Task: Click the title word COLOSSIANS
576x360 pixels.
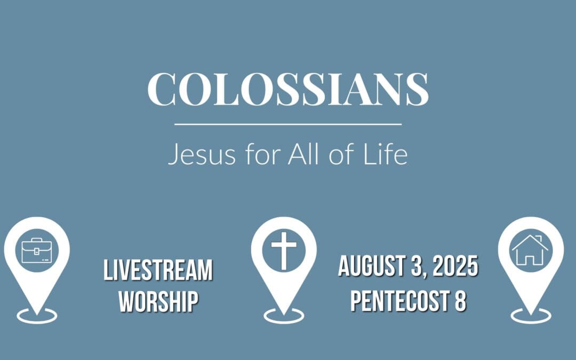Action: (288, 89)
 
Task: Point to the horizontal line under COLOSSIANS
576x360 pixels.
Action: (288, 124)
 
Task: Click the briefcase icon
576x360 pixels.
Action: (36, 250)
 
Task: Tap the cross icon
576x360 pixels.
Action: (284, 250)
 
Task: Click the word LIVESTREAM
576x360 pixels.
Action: (158, 270)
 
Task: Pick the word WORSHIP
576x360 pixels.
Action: (158, 301)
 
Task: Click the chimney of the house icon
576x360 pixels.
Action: (539, 238)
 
